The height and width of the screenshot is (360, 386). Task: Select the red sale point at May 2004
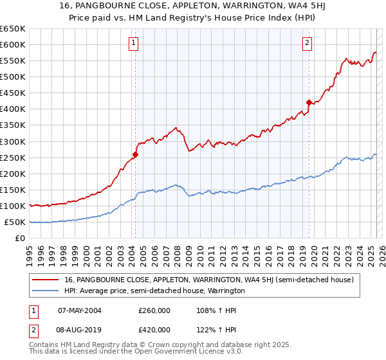(x=136, y=154)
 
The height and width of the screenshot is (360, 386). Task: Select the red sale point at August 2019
(x=309, y=102)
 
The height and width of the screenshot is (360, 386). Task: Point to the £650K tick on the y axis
(x=13, y=29)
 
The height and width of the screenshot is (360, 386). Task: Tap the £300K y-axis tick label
(x=13, y=141)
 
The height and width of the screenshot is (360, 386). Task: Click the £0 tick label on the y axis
(x=21, y=238)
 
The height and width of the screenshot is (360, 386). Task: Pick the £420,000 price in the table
(x=154, y=330)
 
